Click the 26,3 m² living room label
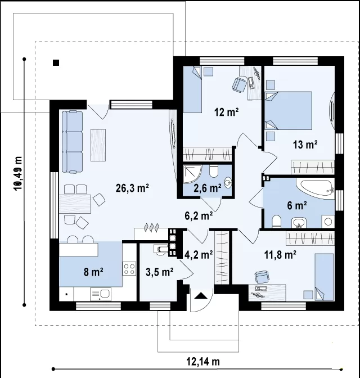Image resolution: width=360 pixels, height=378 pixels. point(132,188)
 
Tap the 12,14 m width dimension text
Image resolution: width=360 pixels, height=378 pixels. point(203,362)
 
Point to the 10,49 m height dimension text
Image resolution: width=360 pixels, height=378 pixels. point(18,174)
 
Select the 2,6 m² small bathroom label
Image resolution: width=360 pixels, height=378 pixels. point(208,188)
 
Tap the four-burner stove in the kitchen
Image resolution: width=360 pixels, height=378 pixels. point(129,269)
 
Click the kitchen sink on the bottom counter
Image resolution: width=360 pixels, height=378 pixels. point(101,294)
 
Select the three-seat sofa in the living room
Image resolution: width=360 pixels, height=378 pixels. point(72,142)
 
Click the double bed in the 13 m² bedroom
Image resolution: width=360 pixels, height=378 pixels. point(288,110)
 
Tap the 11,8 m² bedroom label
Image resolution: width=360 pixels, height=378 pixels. point(281,255)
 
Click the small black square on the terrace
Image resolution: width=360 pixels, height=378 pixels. point(56,62)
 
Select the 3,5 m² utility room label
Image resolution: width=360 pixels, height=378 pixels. point(160,272)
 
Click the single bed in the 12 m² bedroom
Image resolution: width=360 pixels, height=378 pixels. point(192,89)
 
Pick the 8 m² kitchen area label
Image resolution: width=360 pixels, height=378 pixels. point(93,272)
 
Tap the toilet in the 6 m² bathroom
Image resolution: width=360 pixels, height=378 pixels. point(276,222)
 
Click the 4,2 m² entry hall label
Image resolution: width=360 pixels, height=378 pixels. point(199,254)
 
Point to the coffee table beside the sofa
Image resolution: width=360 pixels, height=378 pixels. point(98,145)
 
